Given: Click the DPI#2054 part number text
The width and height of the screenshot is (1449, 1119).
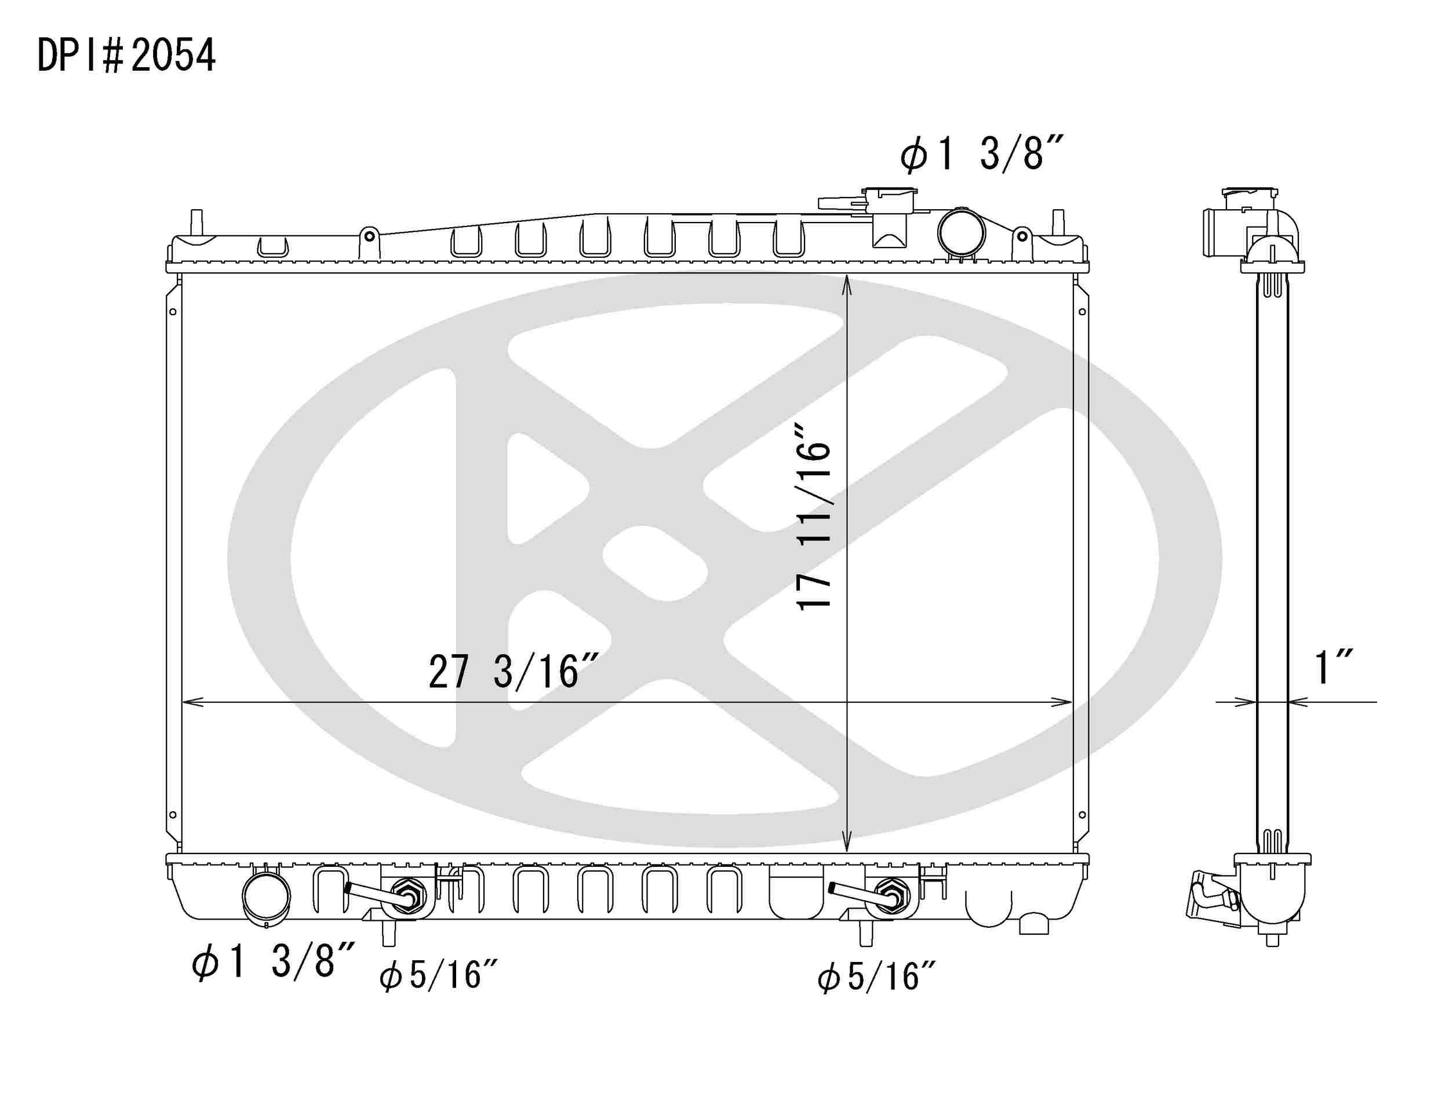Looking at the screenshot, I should click(x=126, y=55).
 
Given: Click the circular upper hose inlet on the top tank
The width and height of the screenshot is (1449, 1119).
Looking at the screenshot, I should click(x=961, y=232).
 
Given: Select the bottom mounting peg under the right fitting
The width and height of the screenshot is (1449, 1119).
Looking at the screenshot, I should click(x=865, y=935).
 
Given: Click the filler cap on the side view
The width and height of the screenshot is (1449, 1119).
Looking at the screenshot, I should click(x=1250, y=198).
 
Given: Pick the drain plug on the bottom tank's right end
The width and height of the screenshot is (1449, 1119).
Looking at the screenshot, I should click(x=1033, y=923).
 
